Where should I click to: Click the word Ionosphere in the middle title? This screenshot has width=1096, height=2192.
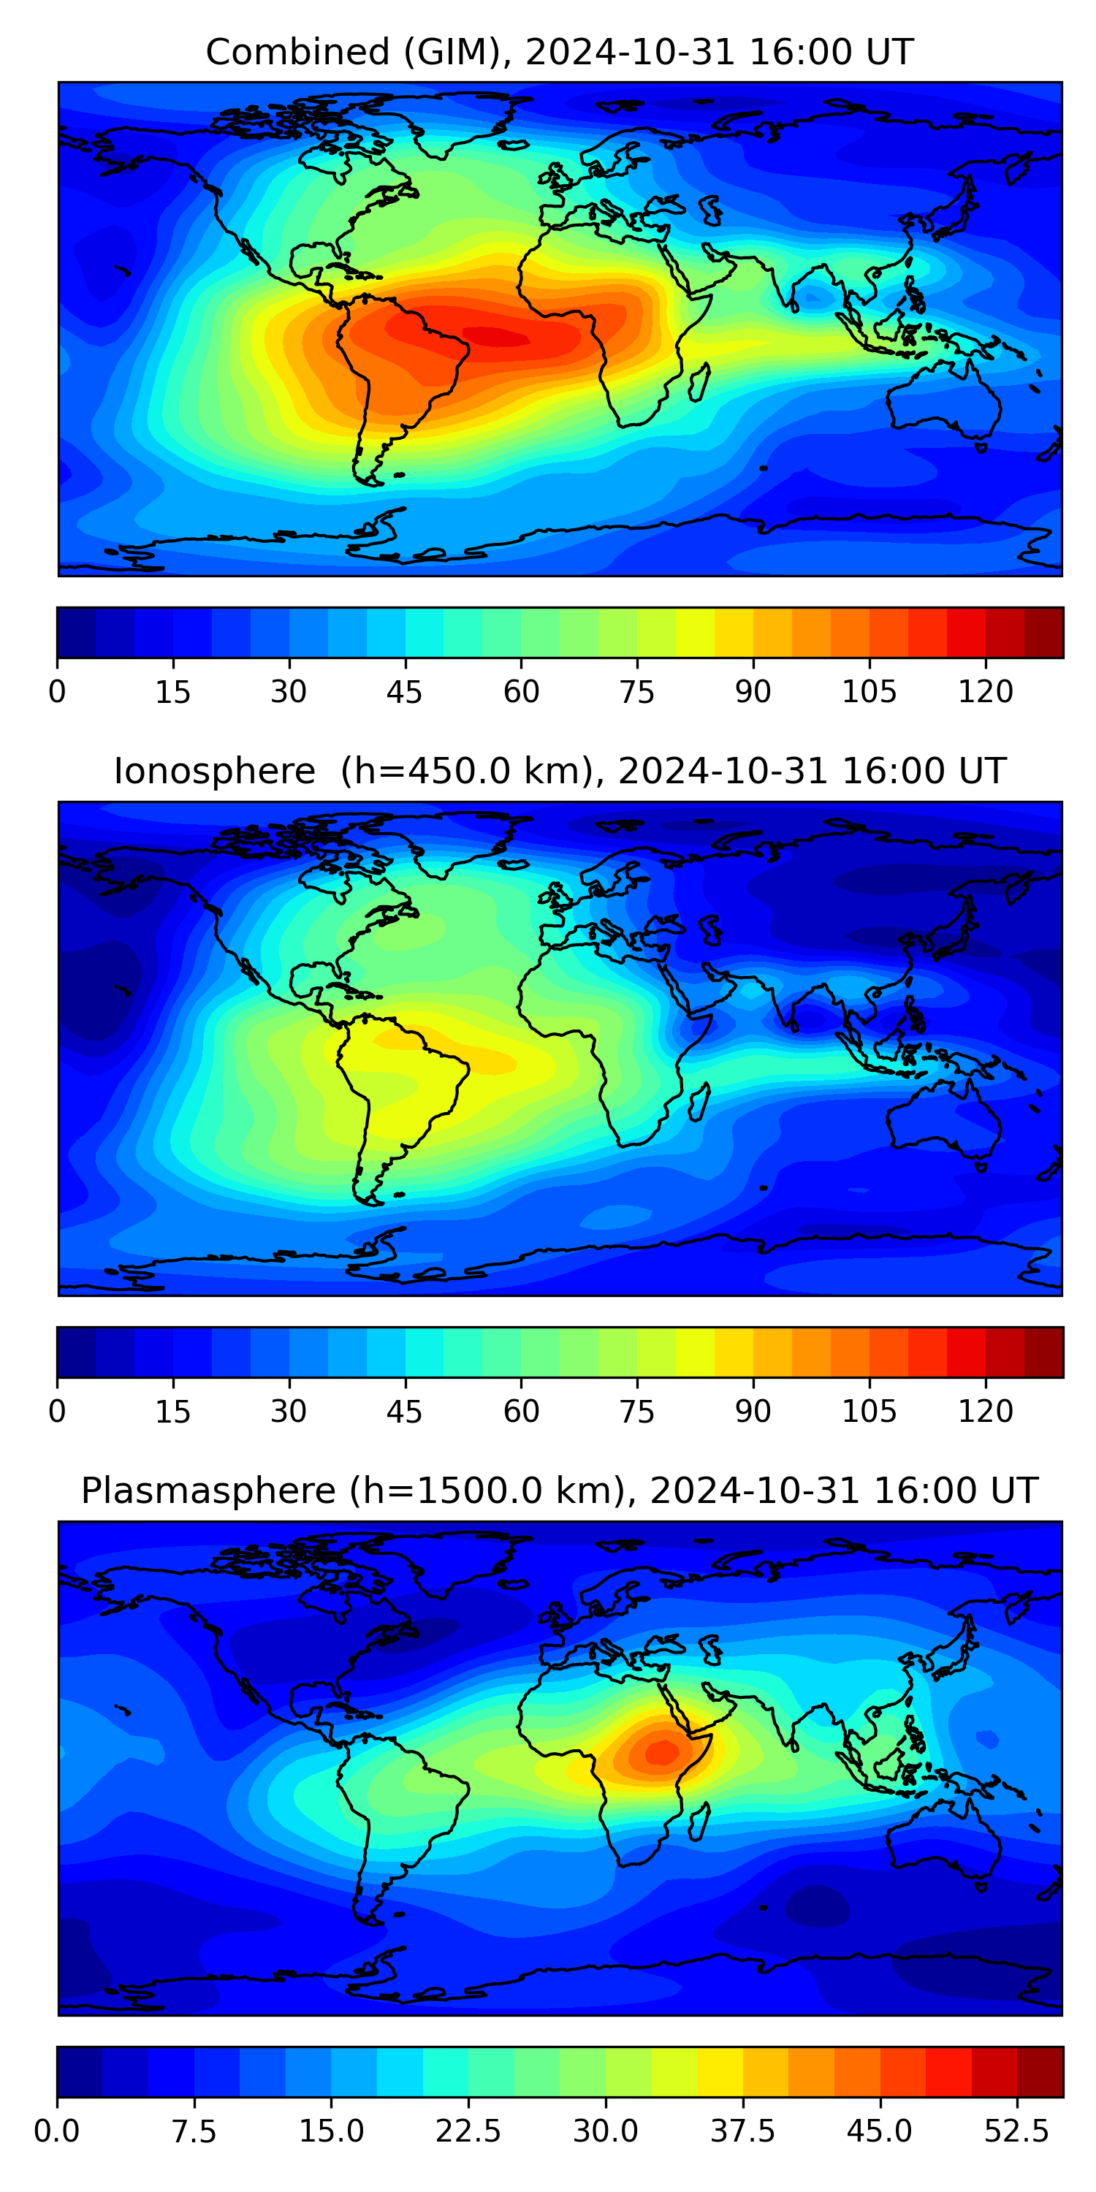[214, 771]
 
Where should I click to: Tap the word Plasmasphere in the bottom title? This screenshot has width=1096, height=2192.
[208, 1490]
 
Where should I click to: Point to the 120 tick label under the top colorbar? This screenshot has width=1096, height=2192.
[986, 692]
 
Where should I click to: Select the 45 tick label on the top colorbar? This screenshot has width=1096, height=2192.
[404, 692]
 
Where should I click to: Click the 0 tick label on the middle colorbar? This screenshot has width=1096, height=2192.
[57, 1411]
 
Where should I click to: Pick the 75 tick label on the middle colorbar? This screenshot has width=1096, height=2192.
[636, 1411]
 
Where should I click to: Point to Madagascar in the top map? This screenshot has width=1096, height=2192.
[699, 382]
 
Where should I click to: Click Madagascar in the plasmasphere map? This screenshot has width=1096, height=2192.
[699, 1821]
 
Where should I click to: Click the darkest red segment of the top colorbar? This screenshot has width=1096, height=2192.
[1043, 632]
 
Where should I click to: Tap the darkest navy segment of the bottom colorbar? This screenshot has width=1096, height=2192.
[79, 2071]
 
